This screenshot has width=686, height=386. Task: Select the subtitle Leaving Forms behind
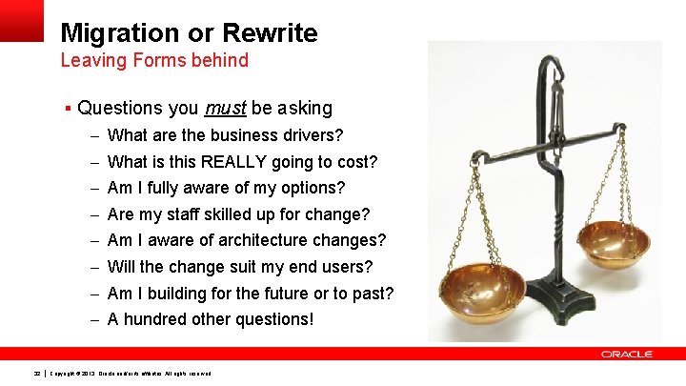tap(154, 61)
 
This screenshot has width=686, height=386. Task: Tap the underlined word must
tap(225, 109)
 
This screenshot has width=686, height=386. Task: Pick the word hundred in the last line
tap(154, 319)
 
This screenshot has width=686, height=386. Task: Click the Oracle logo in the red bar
tap(627, 355)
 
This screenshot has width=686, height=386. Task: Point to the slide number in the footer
tap(36, 373)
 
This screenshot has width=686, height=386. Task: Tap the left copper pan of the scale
tap(482, 284)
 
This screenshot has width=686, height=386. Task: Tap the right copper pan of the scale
tap(615, 244)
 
